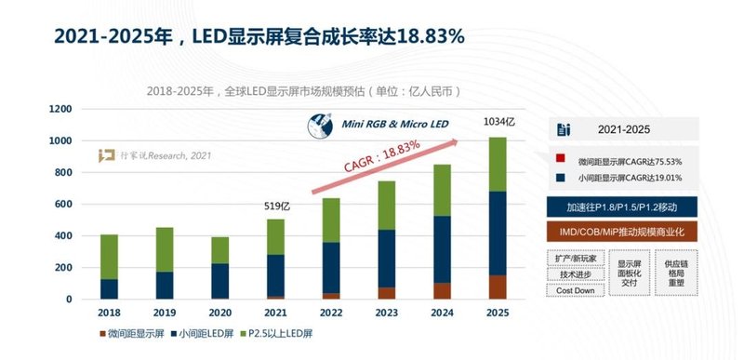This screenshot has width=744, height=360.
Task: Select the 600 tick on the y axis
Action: coord(60,204)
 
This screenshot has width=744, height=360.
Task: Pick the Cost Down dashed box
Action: coord(575,291)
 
